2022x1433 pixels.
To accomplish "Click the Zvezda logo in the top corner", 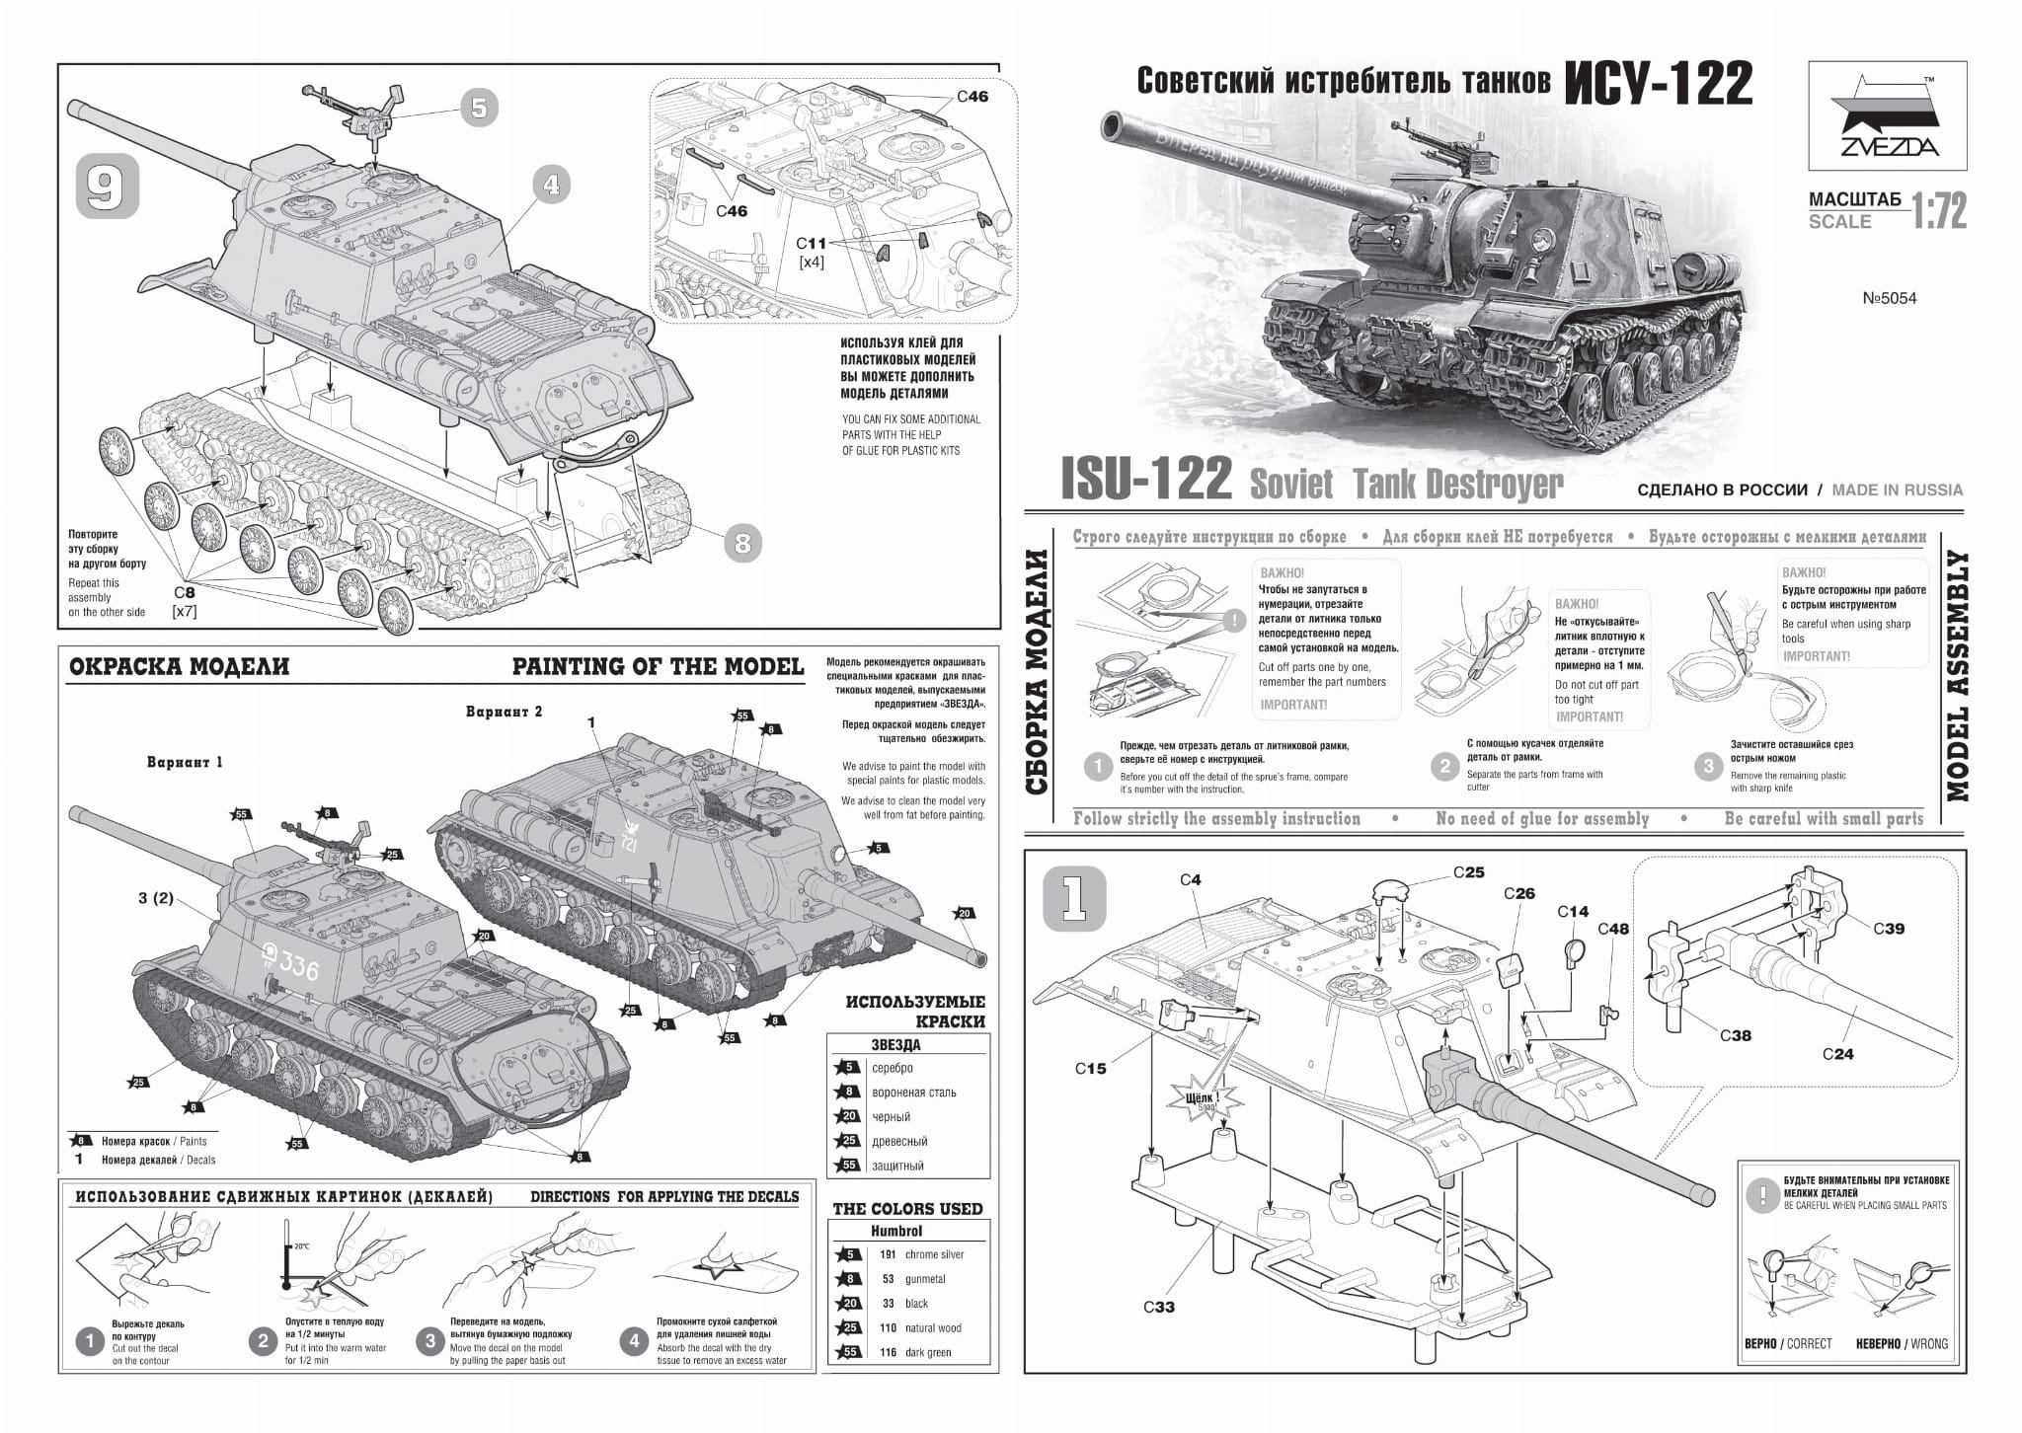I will (x=1886, y=116).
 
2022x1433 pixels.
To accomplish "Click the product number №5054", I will (x=1889, y=298).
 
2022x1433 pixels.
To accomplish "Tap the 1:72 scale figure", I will (x=1939, y=211).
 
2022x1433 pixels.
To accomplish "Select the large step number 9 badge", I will (x=107, y=187).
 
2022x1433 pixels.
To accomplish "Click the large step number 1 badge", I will (x=1074, y=899).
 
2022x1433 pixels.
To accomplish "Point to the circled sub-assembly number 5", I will (x=479, y=107).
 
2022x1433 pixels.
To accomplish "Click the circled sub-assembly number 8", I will (x=742, y=542).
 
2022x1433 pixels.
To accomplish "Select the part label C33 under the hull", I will (x=1159, y=1307).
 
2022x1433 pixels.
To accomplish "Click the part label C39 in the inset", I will (x=1888, y=928).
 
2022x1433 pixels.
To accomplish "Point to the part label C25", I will (x=1468, y=872).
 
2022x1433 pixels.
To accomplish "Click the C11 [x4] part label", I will (x=812, y=252).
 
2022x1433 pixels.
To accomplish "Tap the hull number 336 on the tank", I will (x=298, y=967).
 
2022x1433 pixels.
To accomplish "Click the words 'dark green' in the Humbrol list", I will (x=928, y=1352).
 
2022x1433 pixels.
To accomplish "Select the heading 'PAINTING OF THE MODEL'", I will (x=658, y=667).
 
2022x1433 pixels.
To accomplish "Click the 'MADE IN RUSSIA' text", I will (x=1897, y=490).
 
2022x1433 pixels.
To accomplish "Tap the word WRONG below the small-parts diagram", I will (x=1928, y=1343).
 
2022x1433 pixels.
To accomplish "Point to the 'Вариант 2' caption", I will (x=504, y=712).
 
